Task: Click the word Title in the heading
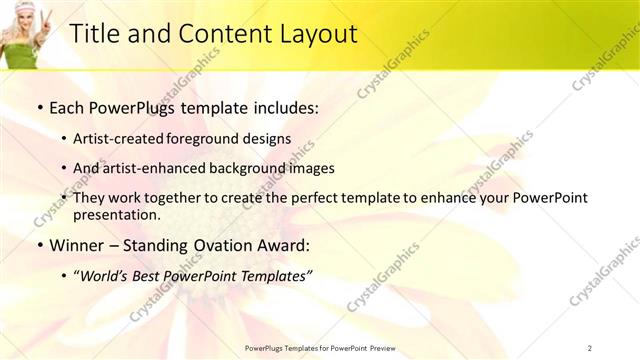point(93,34)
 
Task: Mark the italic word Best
point(159,275)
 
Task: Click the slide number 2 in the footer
point(590,348)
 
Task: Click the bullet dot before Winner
point(39,246)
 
